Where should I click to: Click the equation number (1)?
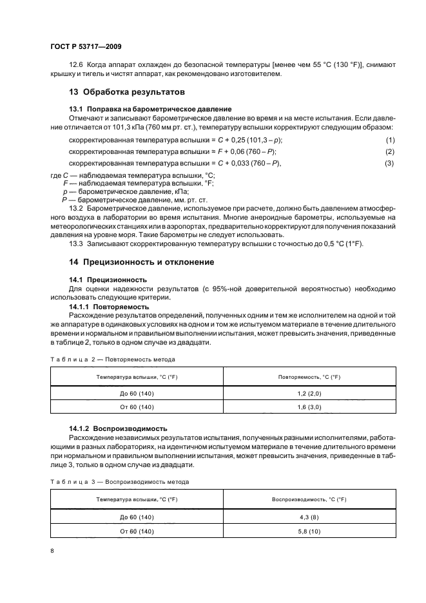click(x=389, y=140)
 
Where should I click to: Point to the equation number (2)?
click(x=389, y=151)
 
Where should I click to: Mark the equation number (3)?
click(x=389, y=163)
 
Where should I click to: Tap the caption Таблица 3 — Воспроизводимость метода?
click(x=119, y=481)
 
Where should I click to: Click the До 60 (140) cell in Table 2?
click(x=137, y=393)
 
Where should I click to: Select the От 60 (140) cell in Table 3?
click(x=137, y=531)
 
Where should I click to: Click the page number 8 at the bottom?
click(x=52, y=551)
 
